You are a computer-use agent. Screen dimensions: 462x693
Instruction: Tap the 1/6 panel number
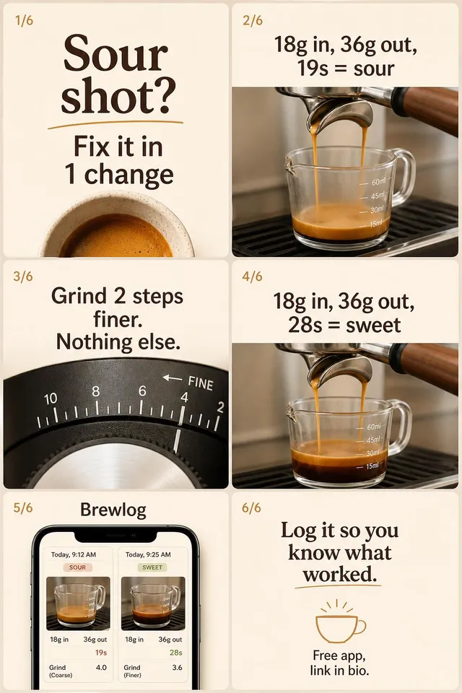(25, 20)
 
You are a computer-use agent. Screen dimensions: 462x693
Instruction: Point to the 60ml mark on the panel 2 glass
(378, 182)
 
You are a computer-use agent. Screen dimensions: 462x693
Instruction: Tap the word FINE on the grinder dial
(201, 383)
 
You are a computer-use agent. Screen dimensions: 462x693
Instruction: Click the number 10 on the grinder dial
(51, 398)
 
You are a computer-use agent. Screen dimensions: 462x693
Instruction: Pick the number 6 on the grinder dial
(142, 391)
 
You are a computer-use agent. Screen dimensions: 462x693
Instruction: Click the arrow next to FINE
(173, 378)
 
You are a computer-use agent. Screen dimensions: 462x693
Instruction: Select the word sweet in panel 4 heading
(374, 326)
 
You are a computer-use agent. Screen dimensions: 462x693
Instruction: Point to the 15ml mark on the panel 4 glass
(372, 466)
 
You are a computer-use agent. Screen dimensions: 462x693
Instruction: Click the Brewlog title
(113, 510)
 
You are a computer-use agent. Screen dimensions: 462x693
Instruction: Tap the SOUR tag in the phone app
(77, 567)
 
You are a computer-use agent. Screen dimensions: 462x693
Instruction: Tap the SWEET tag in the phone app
(152, 567)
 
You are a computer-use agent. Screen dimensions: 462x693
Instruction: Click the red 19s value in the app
(101, 653)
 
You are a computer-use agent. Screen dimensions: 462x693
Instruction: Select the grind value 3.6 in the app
(177, 667)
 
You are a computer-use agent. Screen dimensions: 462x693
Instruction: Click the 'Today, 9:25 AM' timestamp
(148, 554)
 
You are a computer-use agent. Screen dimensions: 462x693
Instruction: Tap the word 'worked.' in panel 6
(339, 575)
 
